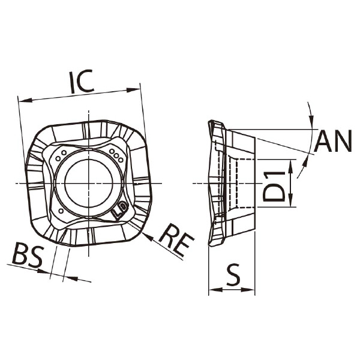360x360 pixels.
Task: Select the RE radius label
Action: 176,239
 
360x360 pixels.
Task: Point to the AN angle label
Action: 333,141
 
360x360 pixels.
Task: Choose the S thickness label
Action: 233,274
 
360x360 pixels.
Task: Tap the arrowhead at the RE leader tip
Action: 147,236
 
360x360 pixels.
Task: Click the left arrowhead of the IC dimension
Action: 25,100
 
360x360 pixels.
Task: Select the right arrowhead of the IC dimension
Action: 133,90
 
